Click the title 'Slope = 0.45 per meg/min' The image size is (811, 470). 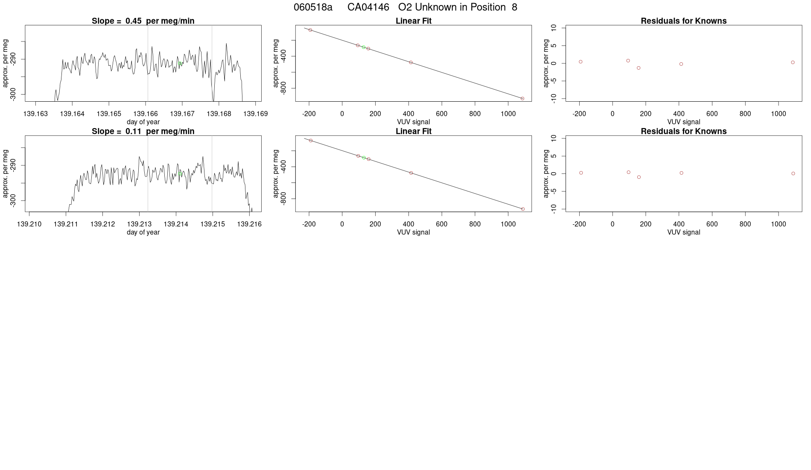143,21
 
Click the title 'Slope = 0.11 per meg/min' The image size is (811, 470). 143,131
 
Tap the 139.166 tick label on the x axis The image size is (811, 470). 146,114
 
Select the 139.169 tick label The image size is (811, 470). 255,114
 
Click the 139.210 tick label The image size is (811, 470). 29,224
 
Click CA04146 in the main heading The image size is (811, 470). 368,7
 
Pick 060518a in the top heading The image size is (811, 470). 313,7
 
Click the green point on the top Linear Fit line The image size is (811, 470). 364,47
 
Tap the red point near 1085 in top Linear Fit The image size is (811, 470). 522,98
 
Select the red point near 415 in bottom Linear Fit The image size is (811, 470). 411,173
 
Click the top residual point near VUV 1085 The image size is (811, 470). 793,62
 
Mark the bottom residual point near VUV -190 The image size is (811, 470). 581,173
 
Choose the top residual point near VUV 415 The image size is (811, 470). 681,64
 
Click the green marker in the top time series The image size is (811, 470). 180,63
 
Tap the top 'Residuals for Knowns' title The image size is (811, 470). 683,21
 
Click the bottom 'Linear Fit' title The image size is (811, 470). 413,131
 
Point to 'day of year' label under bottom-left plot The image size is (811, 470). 143,232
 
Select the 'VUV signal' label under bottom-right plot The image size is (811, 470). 683,232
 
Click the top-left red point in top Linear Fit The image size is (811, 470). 310,30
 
